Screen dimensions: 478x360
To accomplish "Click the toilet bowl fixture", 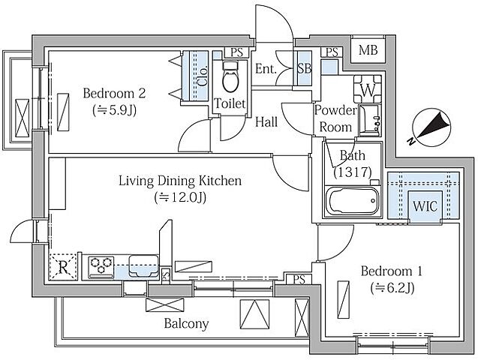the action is pos(230,77).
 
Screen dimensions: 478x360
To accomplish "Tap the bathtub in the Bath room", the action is pos(353,201).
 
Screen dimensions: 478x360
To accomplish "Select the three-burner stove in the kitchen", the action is pos(101,267).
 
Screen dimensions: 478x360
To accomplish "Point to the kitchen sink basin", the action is pos(143,265).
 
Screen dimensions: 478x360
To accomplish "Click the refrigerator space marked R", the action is pos(63,267).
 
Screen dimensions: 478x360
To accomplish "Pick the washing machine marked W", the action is pos(368,89).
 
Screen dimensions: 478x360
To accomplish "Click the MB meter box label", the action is pos(368,50).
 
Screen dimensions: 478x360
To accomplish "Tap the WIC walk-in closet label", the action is pos(425,206).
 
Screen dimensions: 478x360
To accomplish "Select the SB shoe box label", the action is pos(304,68).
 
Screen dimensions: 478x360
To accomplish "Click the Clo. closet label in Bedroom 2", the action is pos(203,76).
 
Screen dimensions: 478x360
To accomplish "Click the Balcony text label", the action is pos(186,323).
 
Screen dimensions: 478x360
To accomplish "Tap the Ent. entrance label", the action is pos(266,69).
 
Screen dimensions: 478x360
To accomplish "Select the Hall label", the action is pos(266,121).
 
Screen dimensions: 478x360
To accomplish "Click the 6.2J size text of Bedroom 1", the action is pos(392,288).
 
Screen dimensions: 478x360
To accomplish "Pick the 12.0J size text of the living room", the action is pos(180,198).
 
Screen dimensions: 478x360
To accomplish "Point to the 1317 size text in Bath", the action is pos(353,172).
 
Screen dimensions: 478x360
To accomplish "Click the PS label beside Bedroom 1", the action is pos(299,279).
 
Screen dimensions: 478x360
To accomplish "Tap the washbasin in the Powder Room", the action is pos(369,120).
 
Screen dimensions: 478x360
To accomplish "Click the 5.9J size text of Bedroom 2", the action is pos(114,110).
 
